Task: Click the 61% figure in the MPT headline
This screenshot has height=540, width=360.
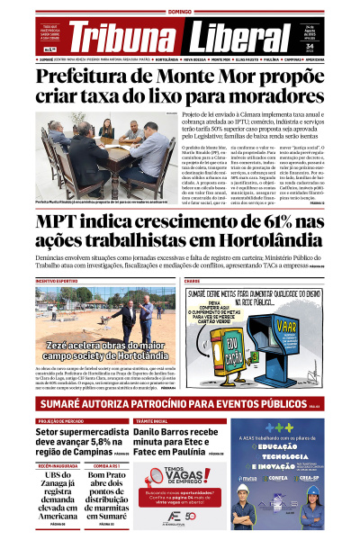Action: coord(284,221)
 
